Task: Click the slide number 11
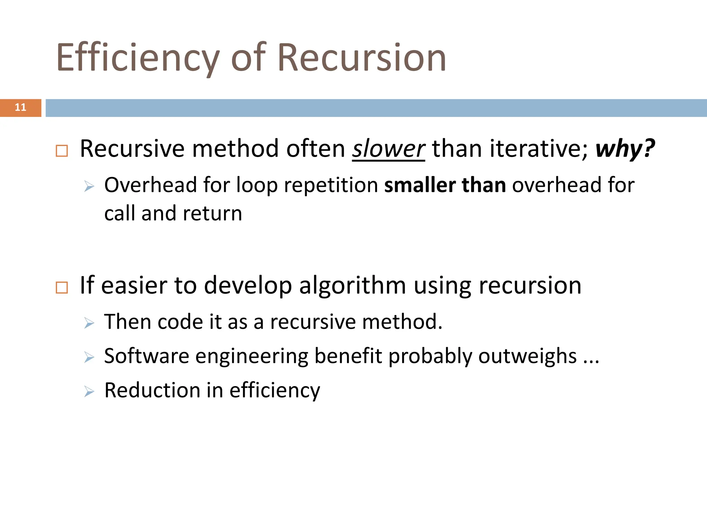coord(20,108)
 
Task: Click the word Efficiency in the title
coord(138,58)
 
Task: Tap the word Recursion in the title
coord(361,58)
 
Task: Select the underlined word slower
coord(388,149)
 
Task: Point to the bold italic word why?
coord(625,149)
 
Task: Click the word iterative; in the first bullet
coord(539,149)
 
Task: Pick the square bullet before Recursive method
coord(62,151)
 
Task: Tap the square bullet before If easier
coord(62,287)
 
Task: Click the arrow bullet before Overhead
coord(89,187)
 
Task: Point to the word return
coord(212,213)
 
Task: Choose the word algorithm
coord(352,286)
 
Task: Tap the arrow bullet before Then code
coord(89,324)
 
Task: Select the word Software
coord(147,356)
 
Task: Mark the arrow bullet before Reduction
coord(89,392)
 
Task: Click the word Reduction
coord(152,390)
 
